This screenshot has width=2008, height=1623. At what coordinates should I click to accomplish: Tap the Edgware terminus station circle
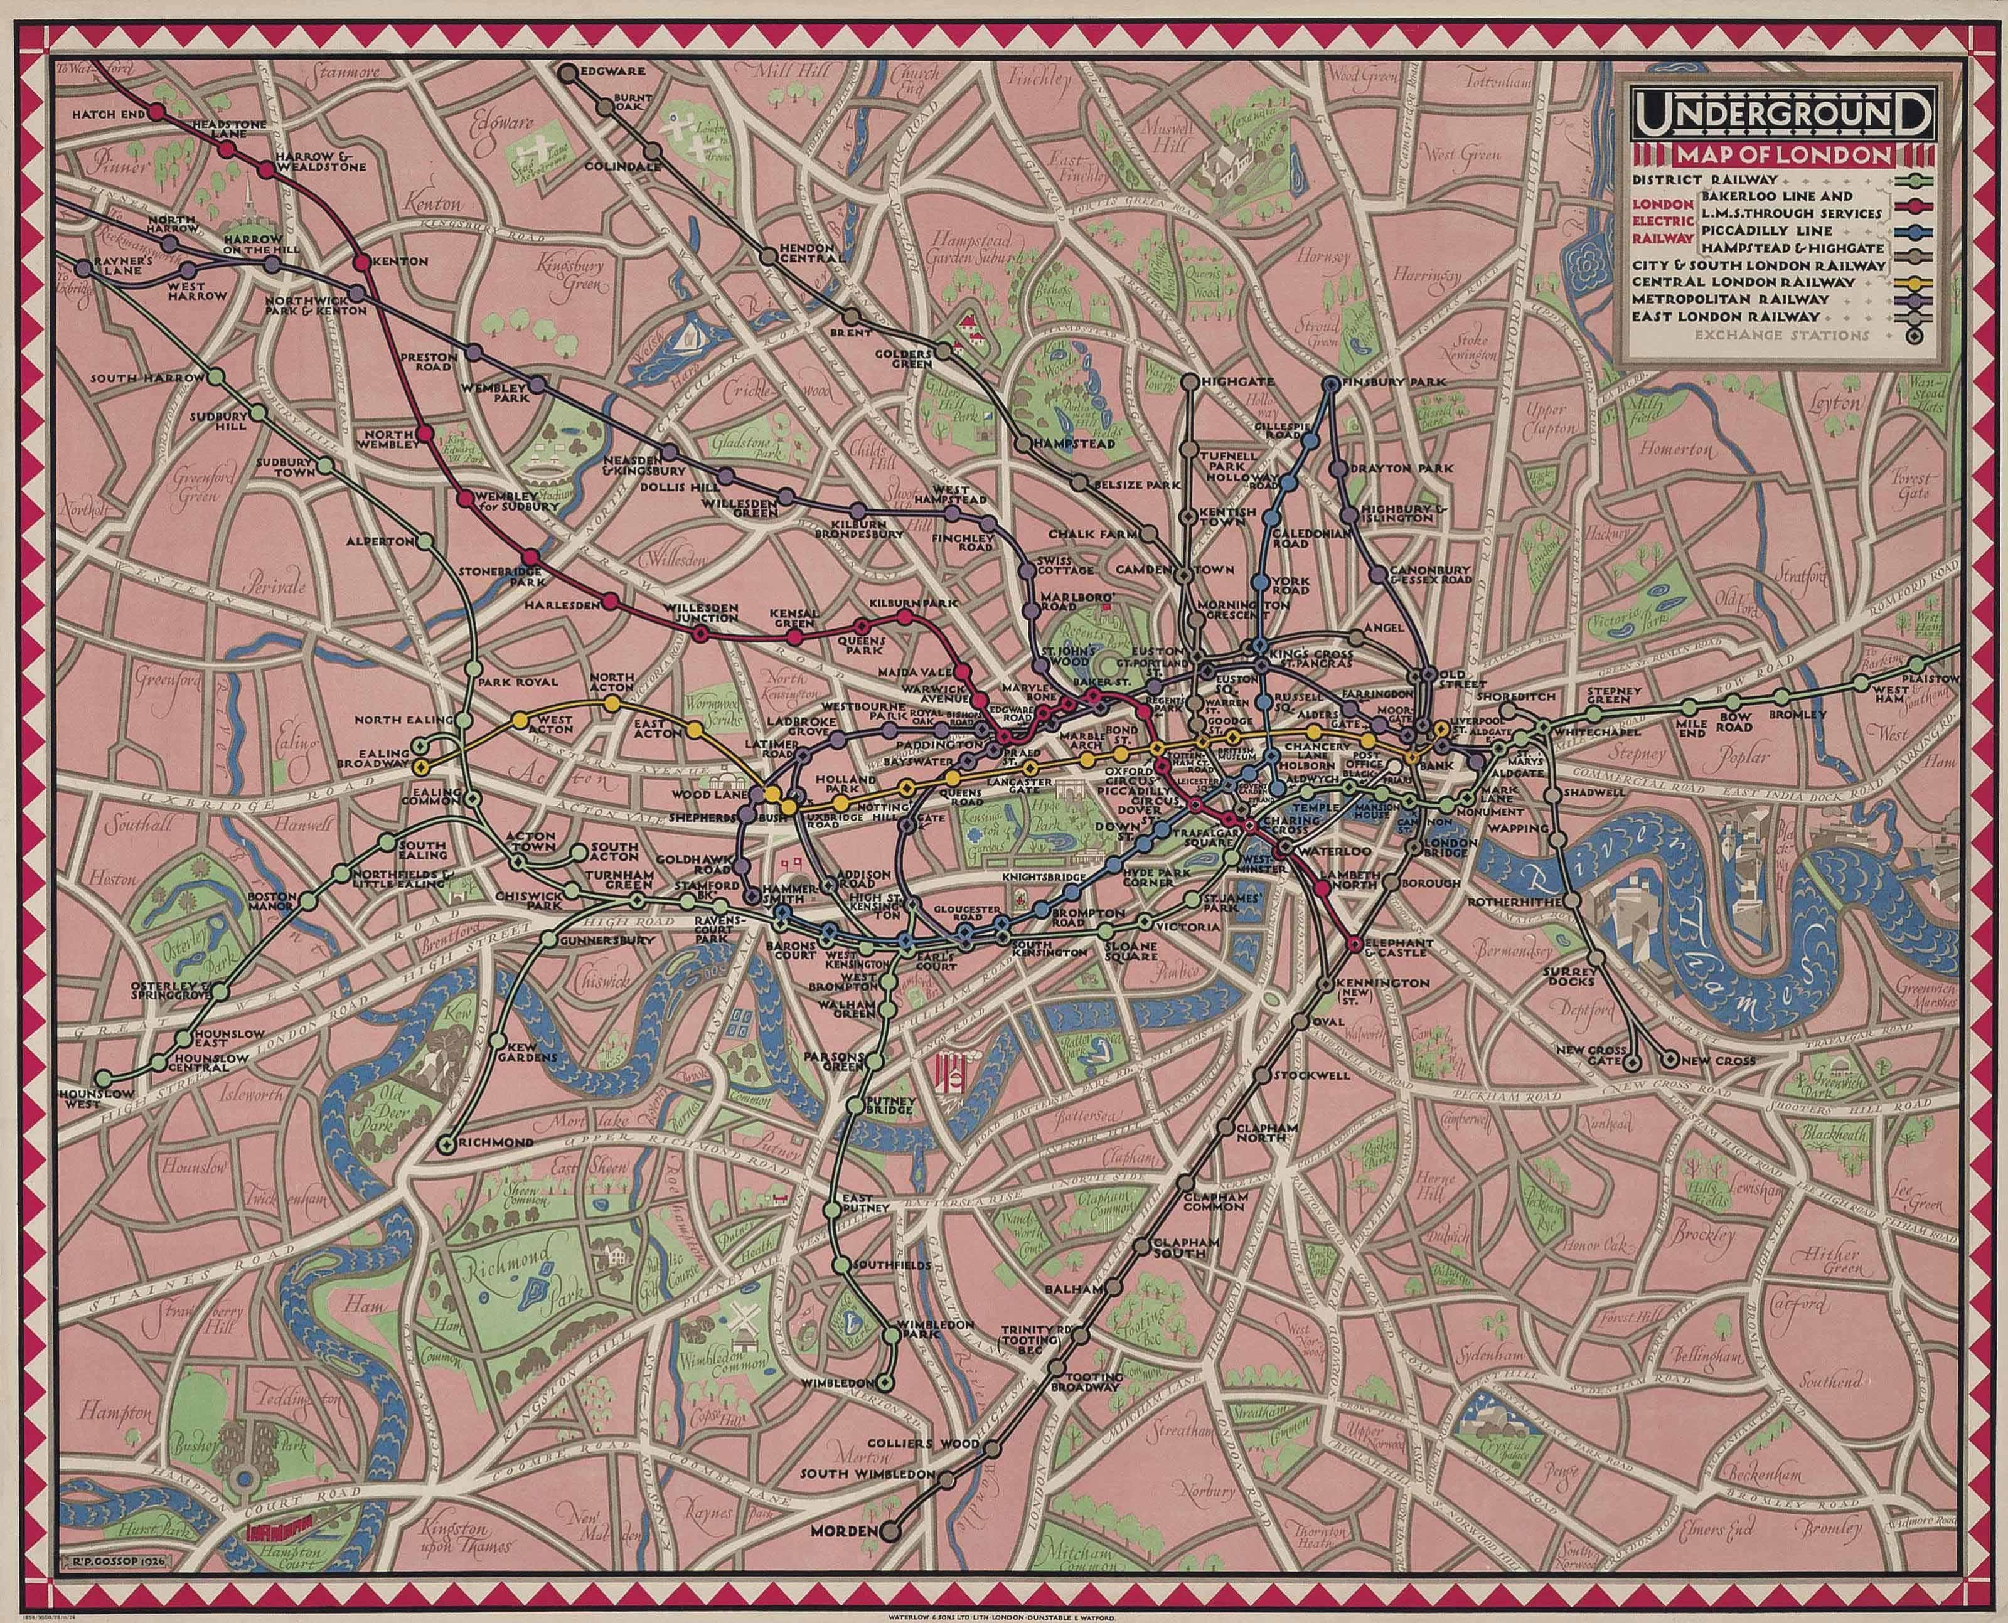[568, 70]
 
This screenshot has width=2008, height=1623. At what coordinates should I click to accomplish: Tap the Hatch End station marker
[157, 111]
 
